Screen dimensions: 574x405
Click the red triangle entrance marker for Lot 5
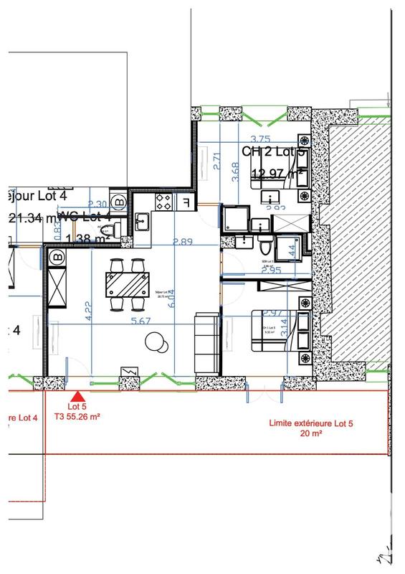click(x=79, y=395)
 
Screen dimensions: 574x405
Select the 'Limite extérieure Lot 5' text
click(x=310, y=423)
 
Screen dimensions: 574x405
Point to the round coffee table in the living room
click(x=156, y=343)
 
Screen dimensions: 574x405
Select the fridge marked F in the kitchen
click(x=186, y=202)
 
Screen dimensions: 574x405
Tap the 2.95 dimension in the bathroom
click(x=270, y=271)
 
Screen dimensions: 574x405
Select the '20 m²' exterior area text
click(x=310, y=435)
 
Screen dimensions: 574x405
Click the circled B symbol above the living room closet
click(x=57, y=255)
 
